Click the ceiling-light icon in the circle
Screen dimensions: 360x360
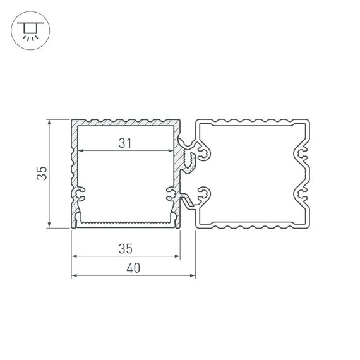tap(29, 30)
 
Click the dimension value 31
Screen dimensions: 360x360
tap(125, 143)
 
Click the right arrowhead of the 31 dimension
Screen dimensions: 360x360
tap(171, 152)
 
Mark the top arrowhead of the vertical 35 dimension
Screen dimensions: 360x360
tap(50, 122)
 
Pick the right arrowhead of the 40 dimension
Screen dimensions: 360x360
tap(192, 276)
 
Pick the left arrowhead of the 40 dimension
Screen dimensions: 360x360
tap(73, 276)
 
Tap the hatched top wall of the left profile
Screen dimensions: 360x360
tap(125, 123)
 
